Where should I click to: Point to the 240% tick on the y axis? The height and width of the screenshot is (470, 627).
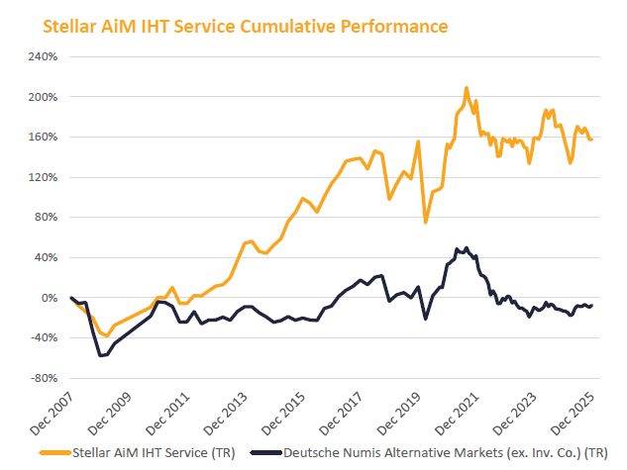pyautogui.click(x=43, y=57)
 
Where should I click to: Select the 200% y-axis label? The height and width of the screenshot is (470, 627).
pyautogui.click(x=43, y=97)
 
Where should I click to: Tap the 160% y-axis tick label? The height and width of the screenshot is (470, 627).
pyautogui.click(x=43, y=138)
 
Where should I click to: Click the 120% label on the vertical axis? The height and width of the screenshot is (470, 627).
pyautogui.click(x=43, y=177)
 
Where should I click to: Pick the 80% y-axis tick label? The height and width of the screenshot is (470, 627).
pyautogui.click(x=46, y=218)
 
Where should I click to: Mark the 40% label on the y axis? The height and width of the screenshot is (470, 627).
pyautogui.click(x=46, y=257)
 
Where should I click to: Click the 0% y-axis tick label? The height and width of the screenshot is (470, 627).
pyautogui.click(x=50, y=298)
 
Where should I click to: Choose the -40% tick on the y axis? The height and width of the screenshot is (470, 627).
pyautogui.click(x=44, y=337)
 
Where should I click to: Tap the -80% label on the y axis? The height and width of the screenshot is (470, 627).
pyautogui.click(x=44, y=378)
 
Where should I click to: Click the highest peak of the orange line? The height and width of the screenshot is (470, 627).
pyautogui.click(x=466, y=88)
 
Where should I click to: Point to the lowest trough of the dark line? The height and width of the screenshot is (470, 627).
pyautogui.click(x=100, y=355)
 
